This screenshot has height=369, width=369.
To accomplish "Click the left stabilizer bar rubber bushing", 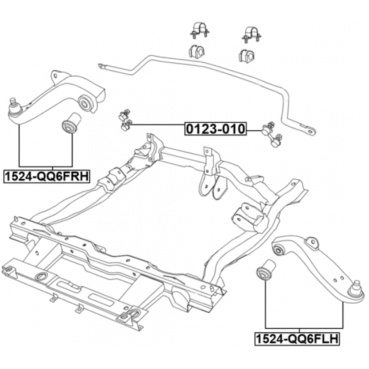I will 197,51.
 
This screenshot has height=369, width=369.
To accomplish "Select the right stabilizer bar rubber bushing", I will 246,56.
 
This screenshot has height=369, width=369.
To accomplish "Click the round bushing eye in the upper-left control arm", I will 86,103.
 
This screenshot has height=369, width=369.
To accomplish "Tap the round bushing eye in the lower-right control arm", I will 281,249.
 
